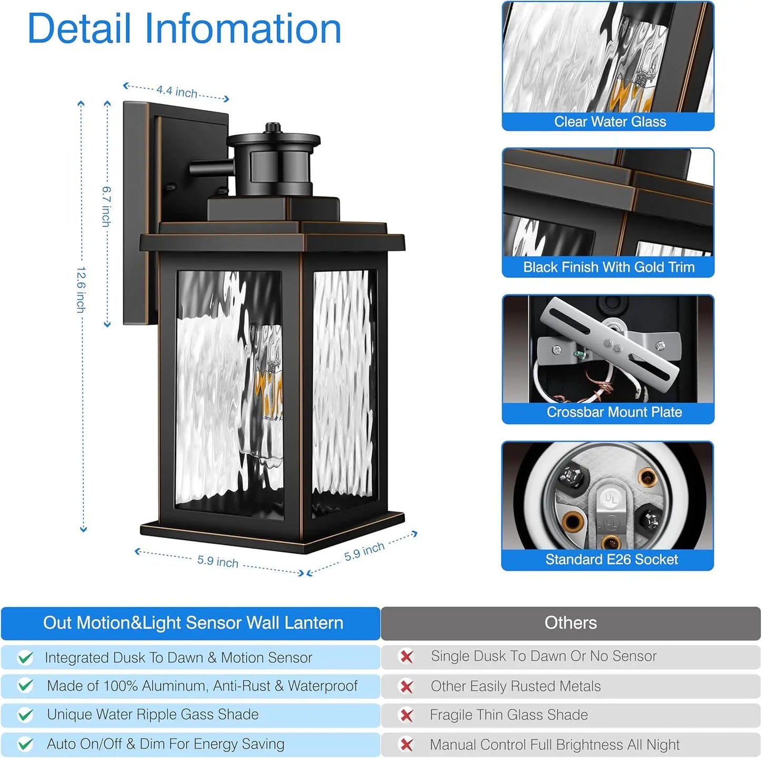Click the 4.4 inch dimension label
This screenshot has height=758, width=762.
177,92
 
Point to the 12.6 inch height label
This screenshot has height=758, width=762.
81,289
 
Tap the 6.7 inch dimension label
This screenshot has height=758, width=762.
107,206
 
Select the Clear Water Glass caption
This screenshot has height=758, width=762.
610,122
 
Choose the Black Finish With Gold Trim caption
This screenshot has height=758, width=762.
609,267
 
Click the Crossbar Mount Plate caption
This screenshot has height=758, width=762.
614,412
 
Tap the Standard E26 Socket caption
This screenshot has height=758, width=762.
611,559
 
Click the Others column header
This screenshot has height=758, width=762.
571,623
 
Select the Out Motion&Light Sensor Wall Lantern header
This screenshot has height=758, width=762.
193,623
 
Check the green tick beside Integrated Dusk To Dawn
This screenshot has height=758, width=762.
25,658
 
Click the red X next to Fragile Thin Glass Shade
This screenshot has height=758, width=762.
407,715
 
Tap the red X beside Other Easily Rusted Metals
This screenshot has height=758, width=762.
407,686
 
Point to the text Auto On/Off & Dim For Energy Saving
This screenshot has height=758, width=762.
166,744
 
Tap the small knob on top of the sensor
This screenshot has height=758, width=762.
273,127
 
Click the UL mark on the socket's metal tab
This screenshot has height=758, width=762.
611,498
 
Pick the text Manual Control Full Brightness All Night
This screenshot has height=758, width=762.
554,745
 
